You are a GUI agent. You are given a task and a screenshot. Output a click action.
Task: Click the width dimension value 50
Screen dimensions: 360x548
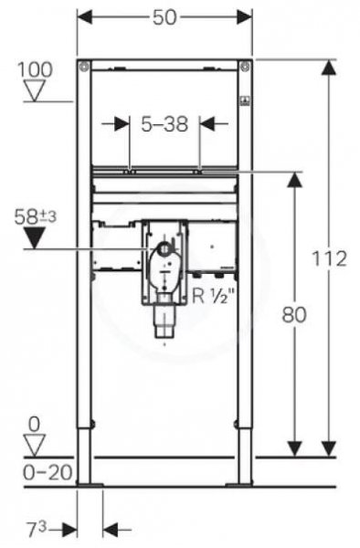pos(164,17)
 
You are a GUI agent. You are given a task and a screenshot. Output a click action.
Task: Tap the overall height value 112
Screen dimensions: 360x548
pos(329,258)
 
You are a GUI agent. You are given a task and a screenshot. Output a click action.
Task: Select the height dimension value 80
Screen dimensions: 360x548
pos(294,314)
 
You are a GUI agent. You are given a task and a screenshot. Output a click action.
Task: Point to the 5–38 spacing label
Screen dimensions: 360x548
pos(164,123)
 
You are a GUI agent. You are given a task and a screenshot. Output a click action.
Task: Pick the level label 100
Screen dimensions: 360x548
pos(35,69)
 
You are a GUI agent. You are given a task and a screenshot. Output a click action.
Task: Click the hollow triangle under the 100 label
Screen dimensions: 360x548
pos(35,90)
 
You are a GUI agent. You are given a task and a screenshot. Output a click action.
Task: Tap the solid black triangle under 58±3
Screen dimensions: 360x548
pos(34,237)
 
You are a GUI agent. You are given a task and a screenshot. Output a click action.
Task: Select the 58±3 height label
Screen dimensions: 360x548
pos(35,216)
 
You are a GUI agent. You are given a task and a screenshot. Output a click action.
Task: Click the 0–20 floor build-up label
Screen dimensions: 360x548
pos(48,472)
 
